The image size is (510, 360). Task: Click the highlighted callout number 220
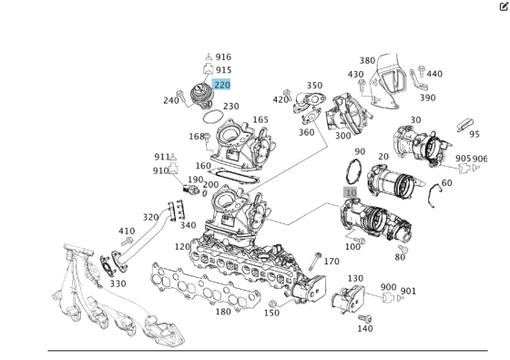(222, 85)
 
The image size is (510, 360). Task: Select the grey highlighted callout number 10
(351, 193)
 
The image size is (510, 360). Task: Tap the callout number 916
(223, 57)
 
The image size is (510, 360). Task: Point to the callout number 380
(367, 60)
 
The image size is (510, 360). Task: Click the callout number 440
(434, 74)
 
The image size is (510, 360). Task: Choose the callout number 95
(474, 134)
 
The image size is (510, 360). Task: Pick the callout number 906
(480, 159)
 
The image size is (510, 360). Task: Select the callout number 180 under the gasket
(223, 312)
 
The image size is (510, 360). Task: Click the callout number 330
(118, 283)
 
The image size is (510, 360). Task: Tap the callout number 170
(331, 262)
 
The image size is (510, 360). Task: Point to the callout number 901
(408, 291)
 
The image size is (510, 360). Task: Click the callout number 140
(364, 328)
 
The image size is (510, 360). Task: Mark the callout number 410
(127, 231)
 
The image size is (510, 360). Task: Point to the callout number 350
(314, 85)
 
